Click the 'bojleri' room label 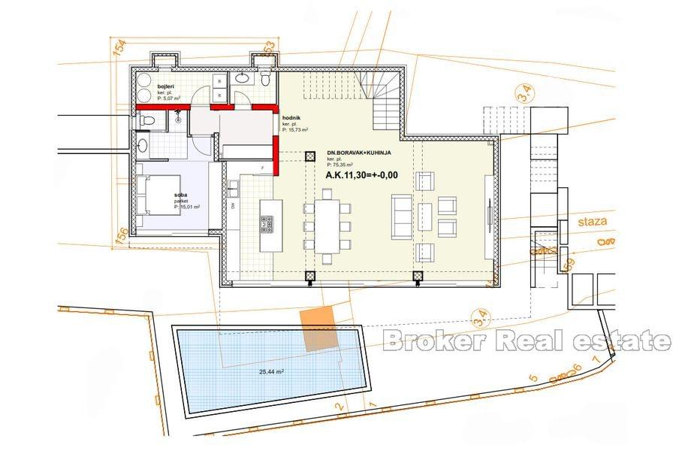click(x=166, y=89)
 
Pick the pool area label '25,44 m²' click(x=270, y=371)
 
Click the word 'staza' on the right click(x=593, y=222)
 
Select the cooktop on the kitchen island click(x=268, y=223)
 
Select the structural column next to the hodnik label click(x=309, y=157)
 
